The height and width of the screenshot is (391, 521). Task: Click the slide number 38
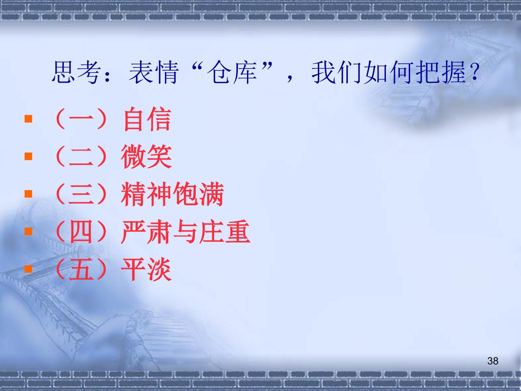click(x=493, y=361)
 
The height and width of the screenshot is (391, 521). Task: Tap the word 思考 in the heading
click(x=76, y=72)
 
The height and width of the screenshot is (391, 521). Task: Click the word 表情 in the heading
click(x=153, y=72)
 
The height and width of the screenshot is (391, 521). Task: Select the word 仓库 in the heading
click(x=232, y=72)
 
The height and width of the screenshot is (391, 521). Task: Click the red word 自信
click(x=147, y=119)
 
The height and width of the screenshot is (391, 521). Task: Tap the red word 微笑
click(x=147, y=157)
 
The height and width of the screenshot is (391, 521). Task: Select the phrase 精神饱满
click(x=173, y=194)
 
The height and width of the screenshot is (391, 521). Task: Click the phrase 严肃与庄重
click(x=186, y=232)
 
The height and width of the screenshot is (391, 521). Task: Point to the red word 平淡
click(x=147, y=269)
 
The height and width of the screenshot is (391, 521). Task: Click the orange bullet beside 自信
click(x=28, y=119)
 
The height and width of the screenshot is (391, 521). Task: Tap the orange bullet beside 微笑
click(x=28, y=156)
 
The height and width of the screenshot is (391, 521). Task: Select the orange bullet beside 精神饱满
click(x=28, y=194)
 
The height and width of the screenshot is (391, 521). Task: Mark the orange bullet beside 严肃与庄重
click(x=28, y=231)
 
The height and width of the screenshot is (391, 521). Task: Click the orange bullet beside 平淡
click(x=28, y=269)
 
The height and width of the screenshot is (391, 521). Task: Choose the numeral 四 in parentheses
click(x=81, y=232)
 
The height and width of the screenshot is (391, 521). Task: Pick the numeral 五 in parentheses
click(x=81, y=269)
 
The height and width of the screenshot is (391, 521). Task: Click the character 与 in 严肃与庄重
click(x=186, y=232)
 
